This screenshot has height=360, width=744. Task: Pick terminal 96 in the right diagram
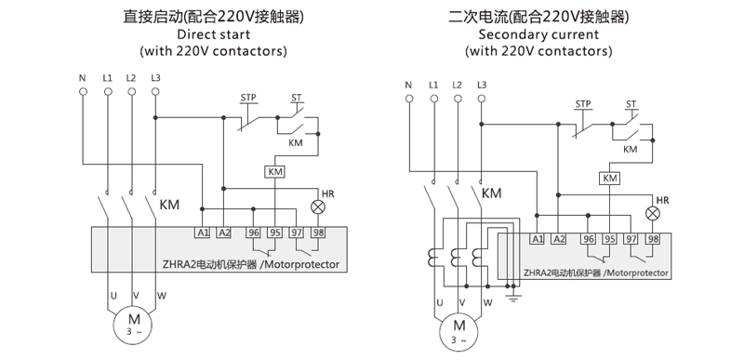(588, 239)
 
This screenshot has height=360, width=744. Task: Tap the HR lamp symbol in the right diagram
(654, 214)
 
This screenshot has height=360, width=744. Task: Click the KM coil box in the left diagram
(275, 172)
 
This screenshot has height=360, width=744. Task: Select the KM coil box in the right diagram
(611, 179)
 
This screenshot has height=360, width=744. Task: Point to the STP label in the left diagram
(248, 98)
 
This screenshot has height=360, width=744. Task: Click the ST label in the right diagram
(631, 103)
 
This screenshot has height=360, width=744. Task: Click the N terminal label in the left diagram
(83, 77)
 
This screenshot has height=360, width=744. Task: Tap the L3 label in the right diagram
(481, 86)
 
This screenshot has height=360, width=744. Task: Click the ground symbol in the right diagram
(512, 299)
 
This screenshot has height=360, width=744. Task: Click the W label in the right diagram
(485, 301)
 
